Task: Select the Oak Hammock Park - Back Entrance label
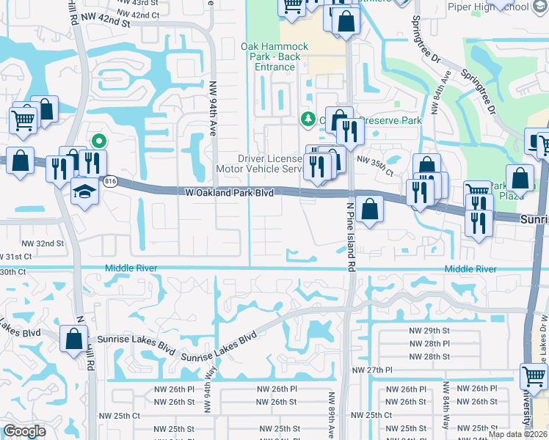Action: [275, 56]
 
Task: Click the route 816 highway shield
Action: [110, 181]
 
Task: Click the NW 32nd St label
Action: [43, 243]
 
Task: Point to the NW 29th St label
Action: [429, 331]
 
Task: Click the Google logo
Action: [24, 431]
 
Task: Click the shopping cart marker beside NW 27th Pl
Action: [534, 377]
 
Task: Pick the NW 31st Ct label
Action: [16, 257]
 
